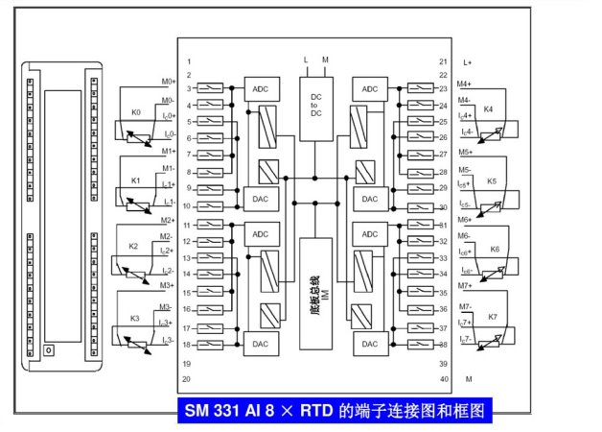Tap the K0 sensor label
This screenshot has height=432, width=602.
point(135,112)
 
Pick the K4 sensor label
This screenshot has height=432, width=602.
point(489,108)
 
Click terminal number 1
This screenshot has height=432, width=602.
point(189,61)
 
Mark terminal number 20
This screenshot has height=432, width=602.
point(190,380)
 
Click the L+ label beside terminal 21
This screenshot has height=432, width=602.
point(468,61)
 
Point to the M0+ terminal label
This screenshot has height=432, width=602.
point(168,82)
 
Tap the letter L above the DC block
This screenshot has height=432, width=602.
point(306,60)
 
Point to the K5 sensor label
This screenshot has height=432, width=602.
point(492,180)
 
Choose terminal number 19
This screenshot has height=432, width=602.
point(190,364)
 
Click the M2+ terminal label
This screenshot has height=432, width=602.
point(168,220)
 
